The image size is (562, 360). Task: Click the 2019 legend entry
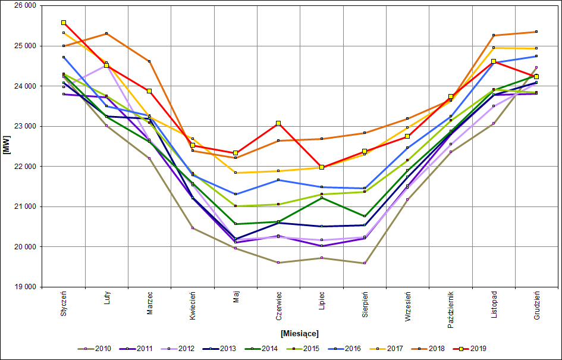coord(470,349)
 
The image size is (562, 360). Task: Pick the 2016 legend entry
coord(345,349)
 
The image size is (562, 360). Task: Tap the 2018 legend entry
coord(428,349)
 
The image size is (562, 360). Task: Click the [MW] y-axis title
coord(7,146)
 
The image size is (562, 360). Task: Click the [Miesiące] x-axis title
coord(300,333)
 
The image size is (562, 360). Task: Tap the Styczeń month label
coord(64,303)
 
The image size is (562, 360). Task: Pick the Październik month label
coord(451,309)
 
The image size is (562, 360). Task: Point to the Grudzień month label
coord(537,305)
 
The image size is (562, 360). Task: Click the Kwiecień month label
coord(193,305)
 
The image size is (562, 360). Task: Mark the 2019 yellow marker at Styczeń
coord(64,23)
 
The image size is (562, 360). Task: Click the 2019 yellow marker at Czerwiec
coord(278,123)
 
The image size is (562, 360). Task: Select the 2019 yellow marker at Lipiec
coord(322,167)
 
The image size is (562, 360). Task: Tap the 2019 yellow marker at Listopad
coord(494,61)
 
